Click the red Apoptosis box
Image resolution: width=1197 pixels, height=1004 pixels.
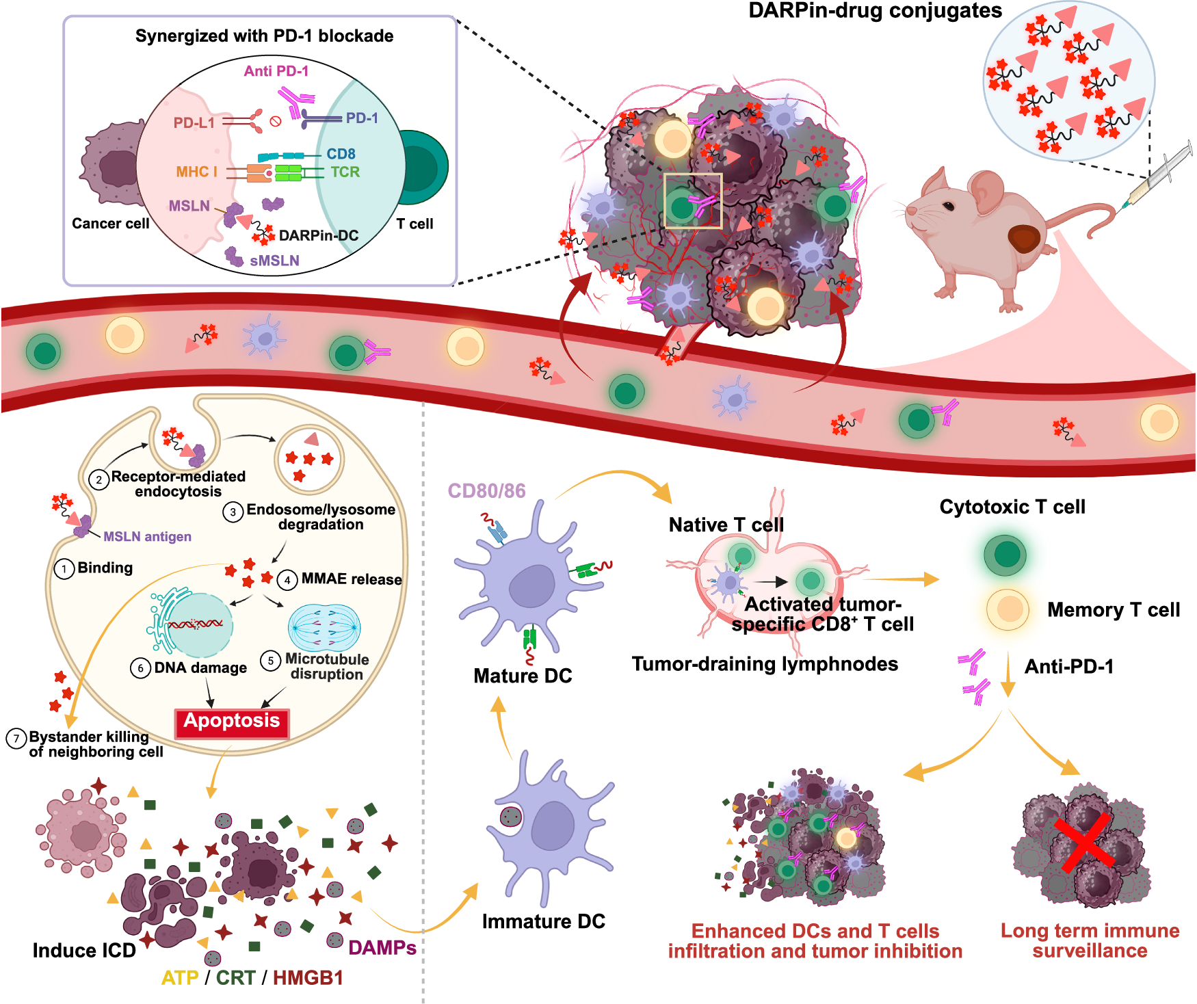[x=232, y=722]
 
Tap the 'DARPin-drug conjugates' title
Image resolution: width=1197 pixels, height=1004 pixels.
[x=875, y=11]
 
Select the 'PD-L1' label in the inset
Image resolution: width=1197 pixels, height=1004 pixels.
[x=194, y=123]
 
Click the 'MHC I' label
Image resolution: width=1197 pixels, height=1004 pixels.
[x=196, y=172]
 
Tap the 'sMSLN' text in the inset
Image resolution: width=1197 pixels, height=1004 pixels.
[x=274, y=261]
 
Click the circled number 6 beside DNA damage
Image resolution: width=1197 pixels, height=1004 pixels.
[x=140, y=668]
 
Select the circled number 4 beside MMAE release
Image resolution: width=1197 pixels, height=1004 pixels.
[x=287, y=580]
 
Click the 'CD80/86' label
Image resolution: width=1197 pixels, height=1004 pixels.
[x=486, y=491]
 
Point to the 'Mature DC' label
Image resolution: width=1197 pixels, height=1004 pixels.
[x=523, y=676]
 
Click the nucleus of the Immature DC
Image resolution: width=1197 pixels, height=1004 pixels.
[x=553, y=825]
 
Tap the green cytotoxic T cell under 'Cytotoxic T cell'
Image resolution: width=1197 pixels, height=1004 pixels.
[x=1005, y=554]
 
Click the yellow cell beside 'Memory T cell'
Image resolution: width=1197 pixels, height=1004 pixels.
[x=1008, y=609]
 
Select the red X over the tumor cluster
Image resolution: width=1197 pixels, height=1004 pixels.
[x=1086, y=843]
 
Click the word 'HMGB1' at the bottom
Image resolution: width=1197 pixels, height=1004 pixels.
[x=308, y=978]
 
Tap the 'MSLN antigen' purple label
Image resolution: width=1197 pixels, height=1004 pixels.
[x=147, y=537]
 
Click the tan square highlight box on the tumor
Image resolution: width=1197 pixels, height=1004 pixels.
[x=693, y=200]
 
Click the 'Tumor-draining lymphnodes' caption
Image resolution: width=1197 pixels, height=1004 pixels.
[x=765, y=664]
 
